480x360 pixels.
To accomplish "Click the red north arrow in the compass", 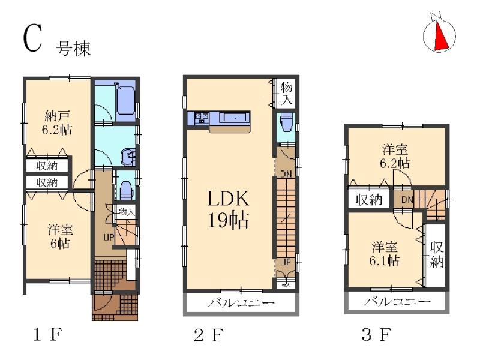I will (440, 36).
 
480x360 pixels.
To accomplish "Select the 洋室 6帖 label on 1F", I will (58, 236).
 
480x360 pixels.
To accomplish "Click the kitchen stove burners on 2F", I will (201, 117).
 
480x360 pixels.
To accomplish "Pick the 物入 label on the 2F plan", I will (286, 93).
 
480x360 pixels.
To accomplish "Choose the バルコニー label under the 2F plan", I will (241, 303).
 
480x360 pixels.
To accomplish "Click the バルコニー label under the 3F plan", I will (397, 302).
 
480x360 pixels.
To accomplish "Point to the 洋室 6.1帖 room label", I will (385, 253).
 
